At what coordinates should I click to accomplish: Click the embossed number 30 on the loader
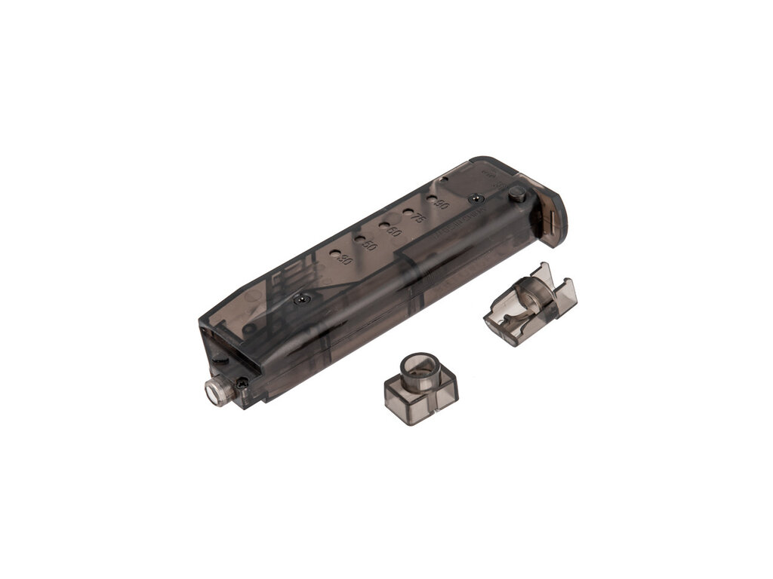click(346, 261)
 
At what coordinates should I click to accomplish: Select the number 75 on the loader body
click(417, 219)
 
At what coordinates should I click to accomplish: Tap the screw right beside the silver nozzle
click(242, 384)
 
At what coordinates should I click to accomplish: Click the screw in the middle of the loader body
click(301, 298)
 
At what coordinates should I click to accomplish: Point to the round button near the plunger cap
click(516, 195)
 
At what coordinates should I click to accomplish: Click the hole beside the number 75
click(408, 213)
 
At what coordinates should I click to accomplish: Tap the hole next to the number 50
click(359, 240)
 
